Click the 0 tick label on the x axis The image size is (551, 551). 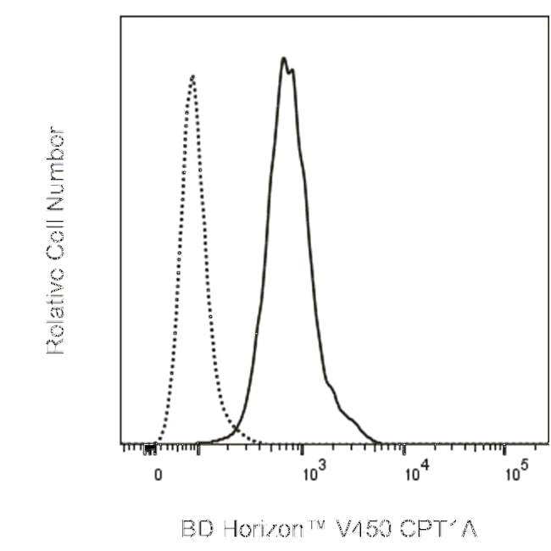158,475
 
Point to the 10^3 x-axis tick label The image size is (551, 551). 313,473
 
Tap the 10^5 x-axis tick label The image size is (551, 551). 515,473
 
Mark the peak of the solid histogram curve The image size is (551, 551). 284,58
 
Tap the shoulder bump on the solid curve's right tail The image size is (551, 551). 331,391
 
